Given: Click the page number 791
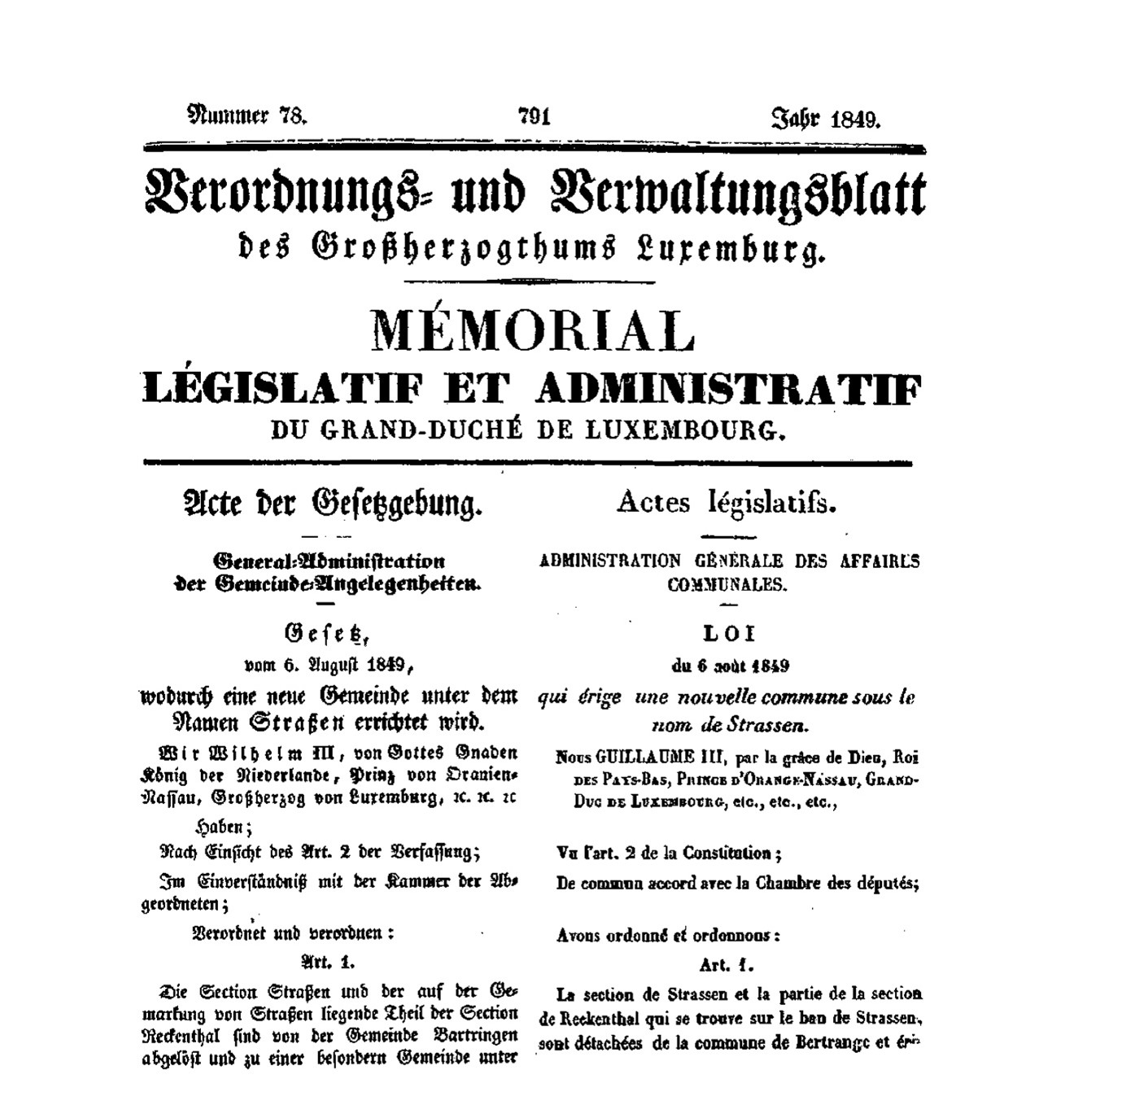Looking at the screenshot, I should pos(535,117).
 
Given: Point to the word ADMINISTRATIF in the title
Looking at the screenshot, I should pos(728,390).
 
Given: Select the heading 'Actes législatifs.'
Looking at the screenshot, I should pos(727,504).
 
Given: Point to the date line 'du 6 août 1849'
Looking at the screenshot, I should pos(730,666).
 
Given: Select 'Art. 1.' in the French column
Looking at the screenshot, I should pos(727,965).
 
